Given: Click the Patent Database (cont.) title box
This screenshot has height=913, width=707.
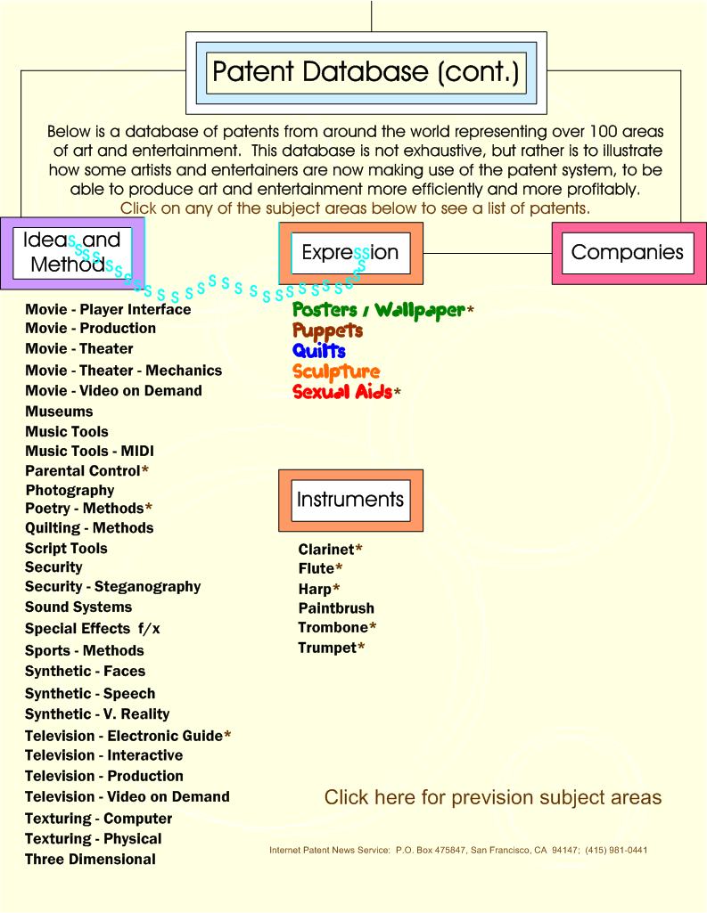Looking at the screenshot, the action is (366, 73).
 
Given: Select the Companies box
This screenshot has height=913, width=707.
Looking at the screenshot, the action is (629, 253).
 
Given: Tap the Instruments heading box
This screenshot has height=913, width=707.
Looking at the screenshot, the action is (350, 501).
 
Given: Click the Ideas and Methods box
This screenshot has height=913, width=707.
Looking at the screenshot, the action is (72, 253).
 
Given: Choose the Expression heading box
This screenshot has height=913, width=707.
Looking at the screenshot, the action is (350, 253).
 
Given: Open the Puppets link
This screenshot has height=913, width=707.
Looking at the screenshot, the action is (327, 330).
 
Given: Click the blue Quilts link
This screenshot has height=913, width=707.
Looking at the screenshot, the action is (319, 351).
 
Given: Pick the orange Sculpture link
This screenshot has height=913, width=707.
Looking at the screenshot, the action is (336, 371).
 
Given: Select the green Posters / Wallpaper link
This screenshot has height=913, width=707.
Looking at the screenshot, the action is (379, 310).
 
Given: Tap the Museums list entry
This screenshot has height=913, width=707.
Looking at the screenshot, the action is (59, 412).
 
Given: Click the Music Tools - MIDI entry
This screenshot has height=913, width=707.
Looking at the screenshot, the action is (89, 452).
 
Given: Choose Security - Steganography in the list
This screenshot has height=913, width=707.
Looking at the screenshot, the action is (112, 587).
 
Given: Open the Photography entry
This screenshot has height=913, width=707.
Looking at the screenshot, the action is (70, 490).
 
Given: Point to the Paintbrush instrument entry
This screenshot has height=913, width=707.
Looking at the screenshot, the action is (336, 608).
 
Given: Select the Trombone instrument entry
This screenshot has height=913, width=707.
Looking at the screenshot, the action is (333, 628).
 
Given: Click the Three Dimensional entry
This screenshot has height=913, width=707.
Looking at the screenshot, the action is (90, 860).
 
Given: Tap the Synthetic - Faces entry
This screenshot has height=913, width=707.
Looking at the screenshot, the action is (85, 672).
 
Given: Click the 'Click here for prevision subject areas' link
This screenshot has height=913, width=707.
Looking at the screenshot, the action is (493, 798).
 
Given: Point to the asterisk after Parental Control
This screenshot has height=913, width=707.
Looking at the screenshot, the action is (145, 470).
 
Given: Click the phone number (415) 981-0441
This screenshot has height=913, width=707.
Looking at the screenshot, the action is (616, 850).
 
